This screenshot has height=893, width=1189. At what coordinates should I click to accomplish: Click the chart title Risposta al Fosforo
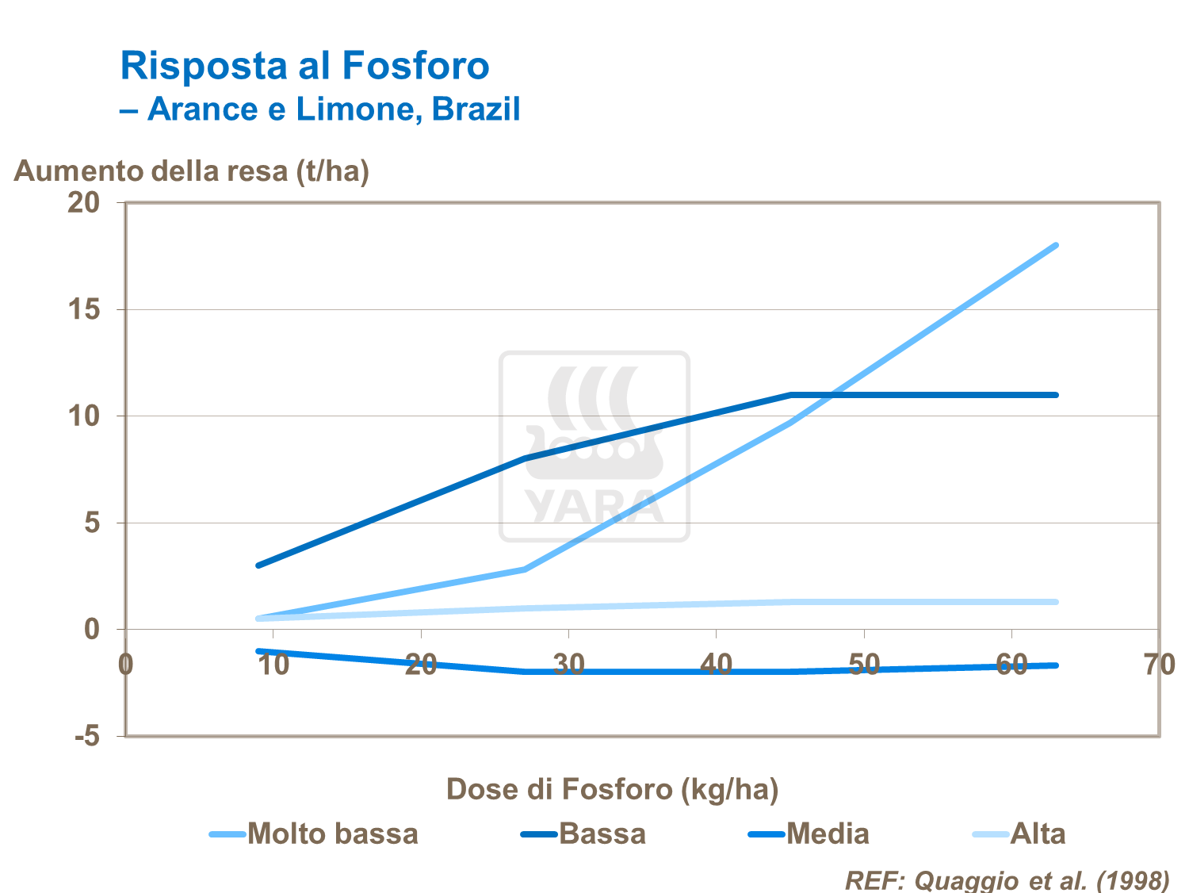coord(304,65)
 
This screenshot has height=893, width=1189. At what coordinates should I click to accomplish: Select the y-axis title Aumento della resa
coord(192,171)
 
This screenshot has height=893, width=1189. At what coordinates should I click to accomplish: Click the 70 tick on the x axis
coord(1158,665)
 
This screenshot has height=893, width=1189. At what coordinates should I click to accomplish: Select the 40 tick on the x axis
coord(716,665)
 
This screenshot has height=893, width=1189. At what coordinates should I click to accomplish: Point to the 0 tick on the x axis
coord(126,665)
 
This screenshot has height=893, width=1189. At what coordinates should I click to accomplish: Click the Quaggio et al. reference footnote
coord(1007,880)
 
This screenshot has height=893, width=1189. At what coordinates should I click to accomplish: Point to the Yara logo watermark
coord(594,446)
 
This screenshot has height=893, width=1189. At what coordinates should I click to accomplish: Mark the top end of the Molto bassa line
coord(1056,246)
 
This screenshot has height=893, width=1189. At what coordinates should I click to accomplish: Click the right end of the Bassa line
coord(1056,394)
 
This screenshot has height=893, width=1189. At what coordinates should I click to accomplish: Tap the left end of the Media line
coord(258,651)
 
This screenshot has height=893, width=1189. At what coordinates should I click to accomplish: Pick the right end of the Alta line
coord(1056,602)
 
